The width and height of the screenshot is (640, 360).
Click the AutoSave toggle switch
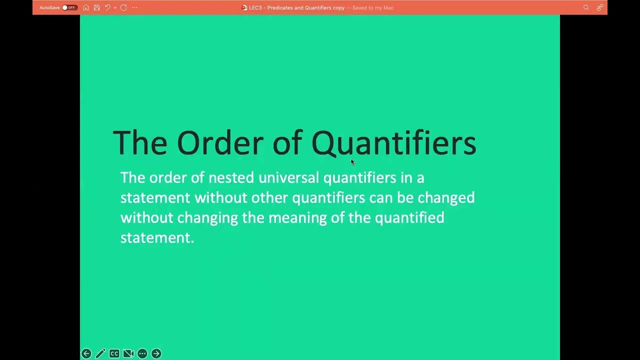click(69, 7)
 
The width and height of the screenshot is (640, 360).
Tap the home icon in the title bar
click(86, 7)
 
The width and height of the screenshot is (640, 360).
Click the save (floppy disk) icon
click(96, 7)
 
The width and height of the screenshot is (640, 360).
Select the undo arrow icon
click(107, 7)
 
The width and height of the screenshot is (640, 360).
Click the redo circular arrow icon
click(123, 7)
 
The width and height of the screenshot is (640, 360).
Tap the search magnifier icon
click(586, 7)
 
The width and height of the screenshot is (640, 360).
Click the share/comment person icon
click(599, 7)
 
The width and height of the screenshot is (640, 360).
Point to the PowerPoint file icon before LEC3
click(244, 7)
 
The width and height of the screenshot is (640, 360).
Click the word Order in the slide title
click(219, 143)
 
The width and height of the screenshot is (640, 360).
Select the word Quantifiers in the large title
click(393, 143)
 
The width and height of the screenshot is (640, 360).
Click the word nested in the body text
click(231, 177)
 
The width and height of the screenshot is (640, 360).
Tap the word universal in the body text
click(288, 177)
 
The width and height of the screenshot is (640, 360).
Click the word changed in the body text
click(446, 197)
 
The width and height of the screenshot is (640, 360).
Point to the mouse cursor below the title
click(352, 161)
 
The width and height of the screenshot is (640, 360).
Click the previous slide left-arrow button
click(86, 353)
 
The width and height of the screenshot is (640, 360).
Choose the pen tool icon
click(100, 353)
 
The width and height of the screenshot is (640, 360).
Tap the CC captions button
click(114, 353)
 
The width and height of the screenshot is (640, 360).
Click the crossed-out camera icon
click(128, 353)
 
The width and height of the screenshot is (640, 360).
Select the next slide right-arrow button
click(156, 353)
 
